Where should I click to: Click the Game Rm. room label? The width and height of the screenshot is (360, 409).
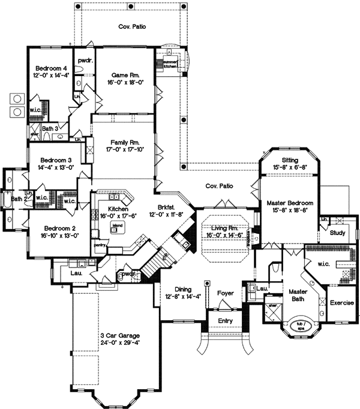point(126,75)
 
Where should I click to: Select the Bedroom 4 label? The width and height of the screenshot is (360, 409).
point(51,68)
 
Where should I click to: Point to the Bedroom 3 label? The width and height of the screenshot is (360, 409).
point(56,160)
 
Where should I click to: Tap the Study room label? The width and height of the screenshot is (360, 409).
point(337,233)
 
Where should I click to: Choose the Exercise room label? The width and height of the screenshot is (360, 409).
point(342,303)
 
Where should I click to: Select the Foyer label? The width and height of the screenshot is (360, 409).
point(226,294)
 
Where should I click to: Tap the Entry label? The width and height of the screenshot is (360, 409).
point(225,321)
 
